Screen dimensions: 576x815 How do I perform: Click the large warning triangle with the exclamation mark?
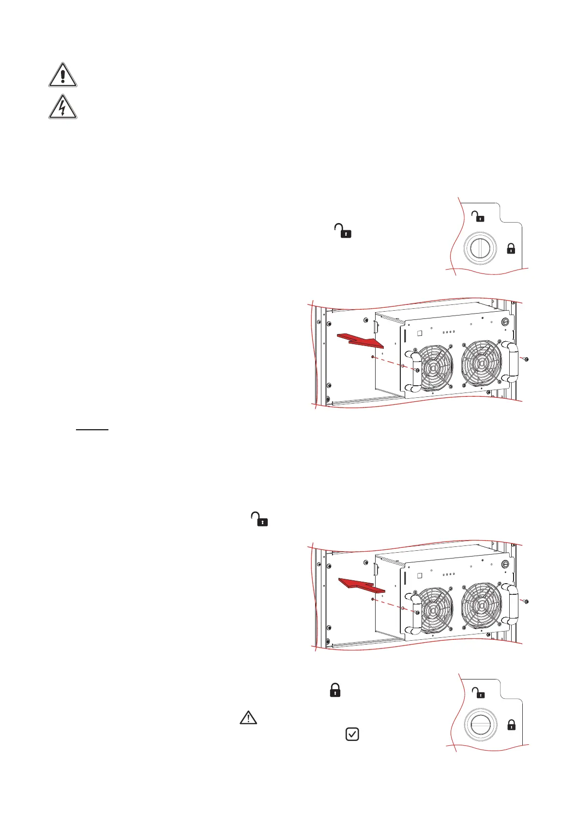click(62, 75)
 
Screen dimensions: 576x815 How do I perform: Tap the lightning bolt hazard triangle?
click(62, 107)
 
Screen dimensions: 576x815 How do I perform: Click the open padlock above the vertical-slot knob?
click(478, 216)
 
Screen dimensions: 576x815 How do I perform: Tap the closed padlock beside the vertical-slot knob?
click(511, 249)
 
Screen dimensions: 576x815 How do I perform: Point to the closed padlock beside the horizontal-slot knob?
click(511, 725)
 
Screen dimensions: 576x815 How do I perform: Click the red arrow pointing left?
click(362, 585)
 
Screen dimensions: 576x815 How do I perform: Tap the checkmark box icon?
click(352, 734)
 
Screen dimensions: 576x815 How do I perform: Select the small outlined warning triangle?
click(248, 718)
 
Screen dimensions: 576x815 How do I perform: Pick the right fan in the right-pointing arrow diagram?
click(481, 363)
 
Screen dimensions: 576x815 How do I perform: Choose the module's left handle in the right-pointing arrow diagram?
click(413, 370)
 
